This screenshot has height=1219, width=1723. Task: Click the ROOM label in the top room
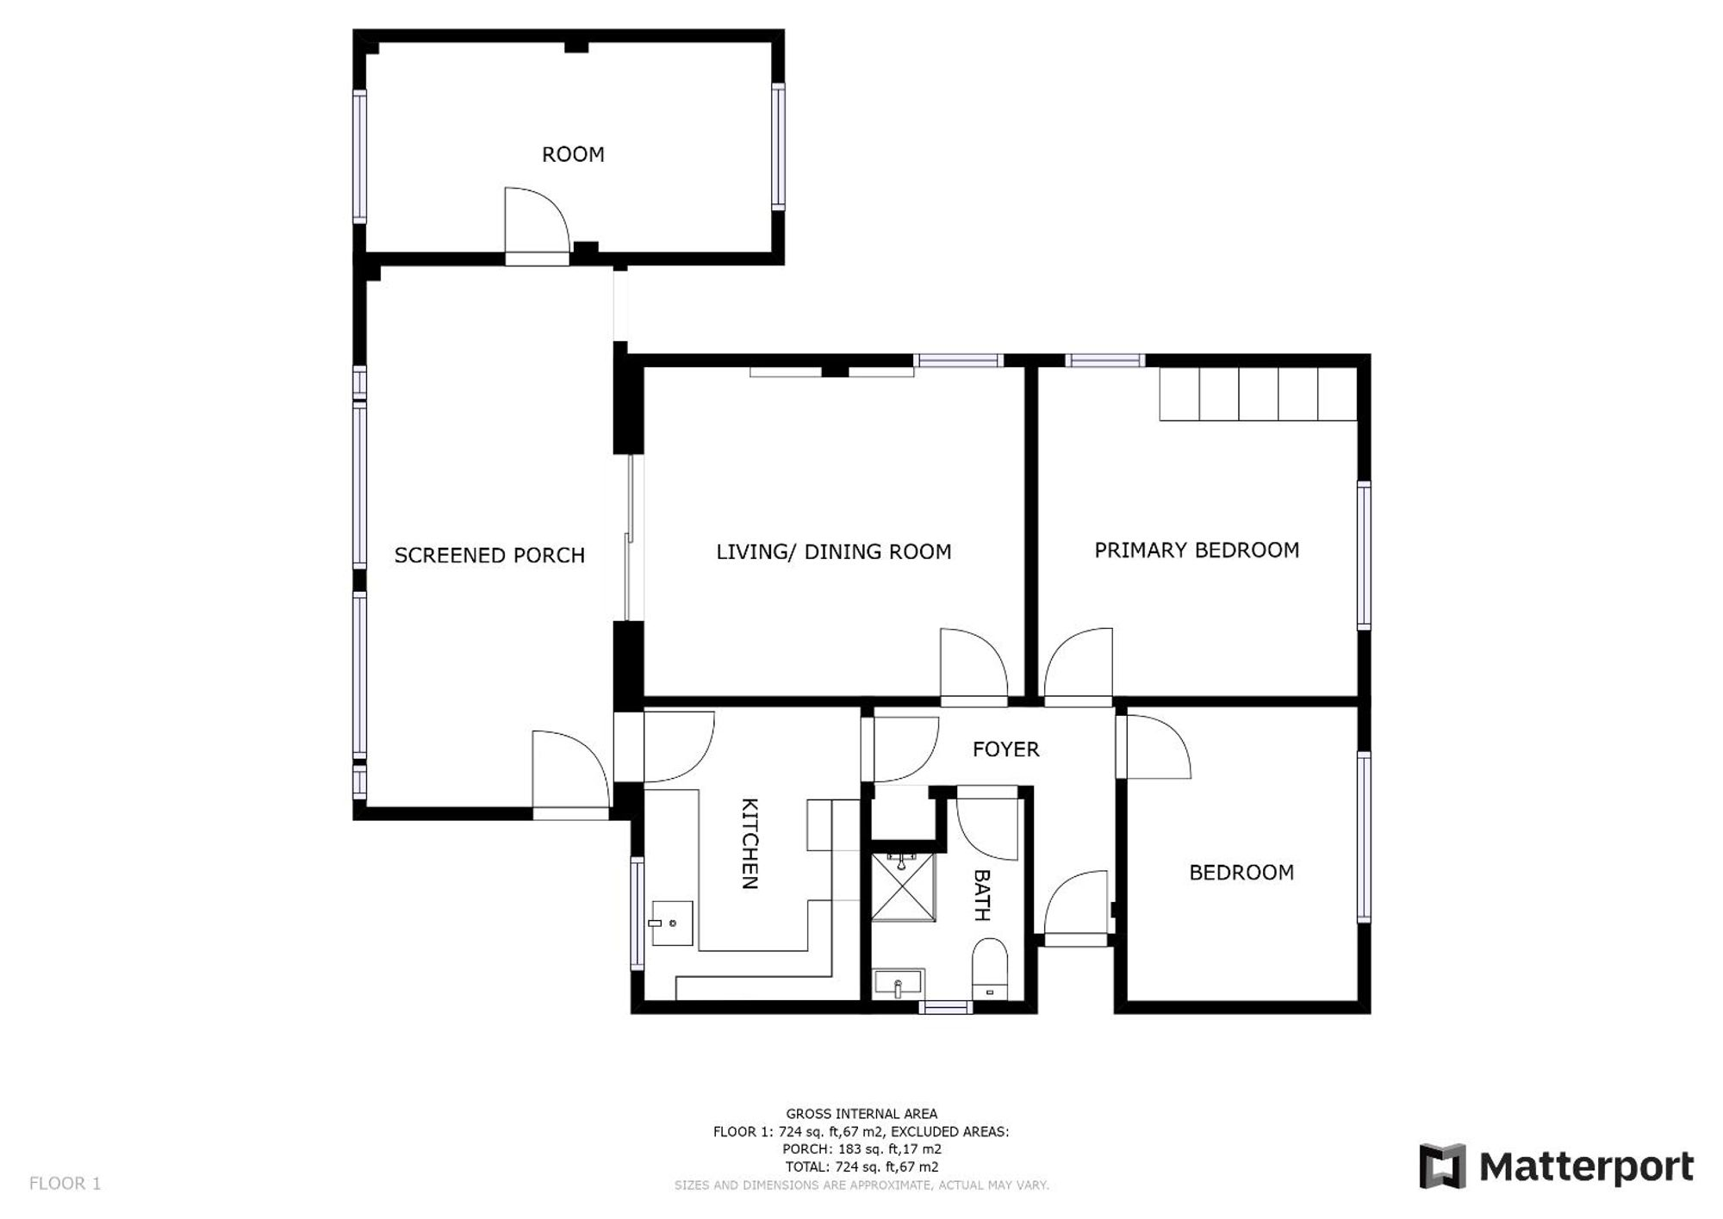pyautogui.click(x=573, y=154)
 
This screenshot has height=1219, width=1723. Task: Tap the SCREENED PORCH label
pyautogui.click(x=489, y=555)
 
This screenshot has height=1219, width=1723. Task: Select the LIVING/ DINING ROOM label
pyautogui.click(x=834, y=551)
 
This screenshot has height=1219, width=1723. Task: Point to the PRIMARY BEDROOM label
pyautogui.click(x=1197, y=550)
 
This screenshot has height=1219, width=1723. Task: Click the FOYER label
pyautogui.click(x=1005, y=749)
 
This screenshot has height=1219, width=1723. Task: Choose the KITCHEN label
pyautogui.click(x=750, y=843)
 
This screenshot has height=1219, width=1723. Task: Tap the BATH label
pyautogui.click(x=981, y=895)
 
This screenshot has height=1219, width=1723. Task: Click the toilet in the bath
pyautogui.click(x=990, y=969)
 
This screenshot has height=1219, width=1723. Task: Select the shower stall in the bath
pyautogui.click(x=903, y=886)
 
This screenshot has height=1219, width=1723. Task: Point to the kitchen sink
pyautogui.click(x=672, y=923)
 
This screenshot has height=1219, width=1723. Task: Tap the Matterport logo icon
pyautogui.click(x=1442, y=1166)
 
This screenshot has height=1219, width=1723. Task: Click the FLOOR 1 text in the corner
pyautogui.click(x=65, y=1184)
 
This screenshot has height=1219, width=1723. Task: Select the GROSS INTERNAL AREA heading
pyautogui.click(x=861, y=1114)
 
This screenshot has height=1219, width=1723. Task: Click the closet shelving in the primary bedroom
pyautogui.click(x=1258, y=395)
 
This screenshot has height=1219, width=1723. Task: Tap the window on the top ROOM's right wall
pyautogui.click(x=778, y=146)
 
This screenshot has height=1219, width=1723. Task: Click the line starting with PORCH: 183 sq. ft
pyautogui.click(x=861, y=1149)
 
